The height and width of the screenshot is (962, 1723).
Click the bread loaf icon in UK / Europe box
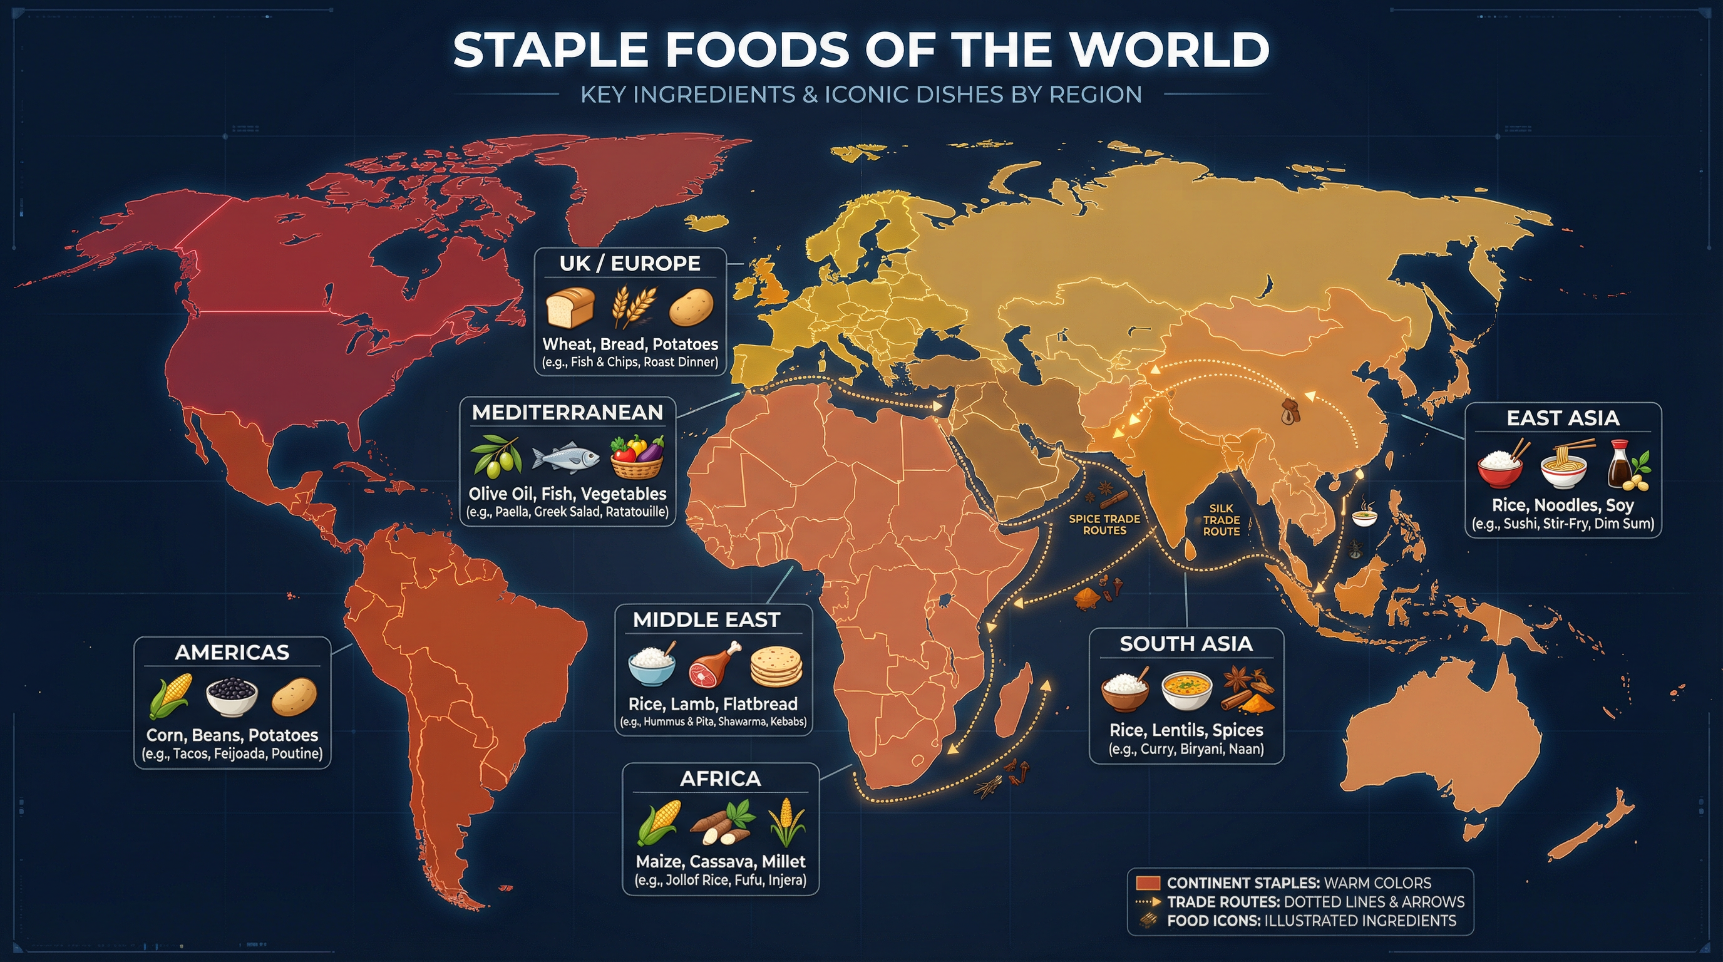click(570, 308)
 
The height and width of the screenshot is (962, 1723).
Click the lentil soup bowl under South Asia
click(1186, 691)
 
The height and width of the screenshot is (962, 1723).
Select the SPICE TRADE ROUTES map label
click(1104, 524)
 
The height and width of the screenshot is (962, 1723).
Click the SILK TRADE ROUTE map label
click(1222, 520)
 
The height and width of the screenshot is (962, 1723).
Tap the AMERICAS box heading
click(232, 652)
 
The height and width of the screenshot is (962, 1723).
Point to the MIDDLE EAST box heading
click(706, 619)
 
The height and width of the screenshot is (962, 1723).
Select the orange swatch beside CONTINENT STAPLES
click(1147, 883)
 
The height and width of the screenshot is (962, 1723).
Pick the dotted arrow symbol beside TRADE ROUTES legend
click(1148, 902)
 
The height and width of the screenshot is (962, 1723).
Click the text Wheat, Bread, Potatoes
click(630, 344)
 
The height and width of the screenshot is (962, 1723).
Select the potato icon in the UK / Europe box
click(691, 308)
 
